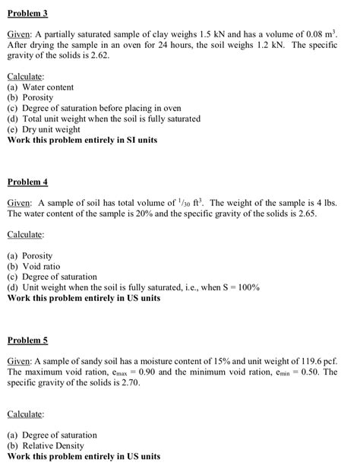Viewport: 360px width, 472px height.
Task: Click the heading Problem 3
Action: tap(27, 14)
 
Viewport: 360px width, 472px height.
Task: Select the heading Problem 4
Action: tap(27, 182)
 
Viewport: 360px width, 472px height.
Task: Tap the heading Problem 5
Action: tap(27, 339)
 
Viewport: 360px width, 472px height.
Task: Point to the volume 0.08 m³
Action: tap(321, 35)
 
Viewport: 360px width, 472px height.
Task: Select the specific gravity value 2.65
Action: tap(318, 214)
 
